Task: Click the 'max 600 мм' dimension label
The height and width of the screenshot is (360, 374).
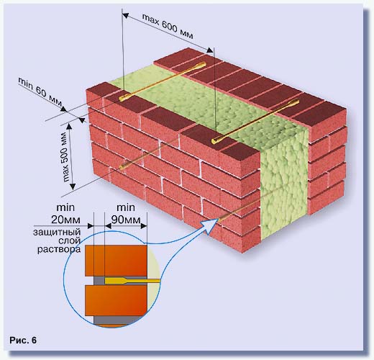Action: point(168,26)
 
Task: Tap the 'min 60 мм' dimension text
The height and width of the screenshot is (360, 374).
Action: point(40,92)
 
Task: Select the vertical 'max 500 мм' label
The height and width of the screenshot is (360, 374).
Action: point(65,156)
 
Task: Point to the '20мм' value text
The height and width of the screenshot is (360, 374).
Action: point(65,220)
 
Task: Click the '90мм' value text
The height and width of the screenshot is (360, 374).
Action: point(126,220)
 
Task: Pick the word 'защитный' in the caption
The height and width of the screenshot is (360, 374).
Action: point(57,233)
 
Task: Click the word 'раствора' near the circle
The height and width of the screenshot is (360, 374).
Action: point(59,249)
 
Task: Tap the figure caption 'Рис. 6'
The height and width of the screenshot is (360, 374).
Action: point(23,340)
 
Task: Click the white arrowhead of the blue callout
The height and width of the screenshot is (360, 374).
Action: point(209,225)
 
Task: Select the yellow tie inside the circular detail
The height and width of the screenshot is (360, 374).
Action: point(132,281)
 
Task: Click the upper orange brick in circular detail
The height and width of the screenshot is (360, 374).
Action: point(116,261)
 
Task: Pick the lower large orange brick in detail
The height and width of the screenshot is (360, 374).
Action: point(116,300)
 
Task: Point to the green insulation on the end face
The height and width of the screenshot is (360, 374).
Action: point(284,182)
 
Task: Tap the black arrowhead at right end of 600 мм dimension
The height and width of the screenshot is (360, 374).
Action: point(209,50)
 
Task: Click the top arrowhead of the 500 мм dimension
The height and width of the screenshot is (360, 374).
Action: point(70,126)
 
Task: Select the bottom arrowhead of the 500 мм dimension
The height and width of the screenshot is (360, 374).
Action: point(73,186)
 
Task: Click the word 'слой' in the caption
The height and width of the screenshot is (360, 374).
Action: point(70,240)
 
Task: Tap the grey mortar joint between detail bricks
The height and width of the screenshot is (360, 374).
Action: point(99,281)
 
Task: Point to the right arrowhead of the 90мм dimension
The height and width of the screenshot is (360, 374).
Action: point(144,226)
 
